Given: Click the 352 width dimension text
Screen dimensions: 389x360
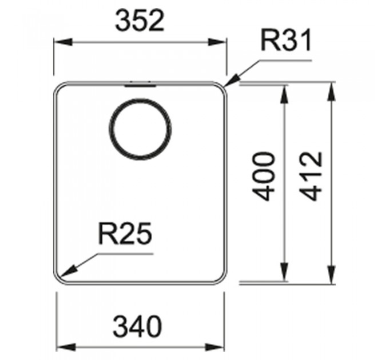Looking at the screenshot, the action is pyautogui.click(x=140, y=21).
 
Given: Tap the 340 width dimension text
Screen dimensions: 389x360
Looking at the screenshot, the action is pyautogui.click(x=138, y=326).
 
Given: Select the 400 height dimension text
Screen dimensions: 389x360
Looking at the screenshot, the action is pyautogui.click(x=264, y=177).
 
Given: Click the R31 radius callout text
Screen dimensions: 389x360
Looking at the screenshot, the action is pyautogui.click(x=286, y=41).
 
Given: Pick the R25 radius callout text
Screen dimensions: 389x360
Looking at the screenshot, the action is pyautogui.click(x=125, y=233).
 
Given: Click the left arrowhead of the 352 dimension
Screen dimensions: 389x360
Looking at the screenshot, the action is pyautogui.click(x=63, y=42).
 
